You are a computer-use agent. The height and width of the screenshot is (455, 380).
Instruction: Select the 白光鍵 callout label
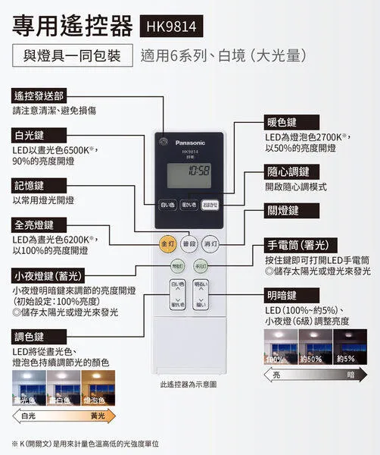point(30,136)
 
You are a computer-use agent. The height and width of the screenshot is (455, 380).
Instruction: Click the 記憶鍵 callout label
point(30,186)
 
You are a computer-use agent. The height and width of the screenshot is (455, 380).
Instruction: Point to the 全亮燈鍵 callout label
point(34,225)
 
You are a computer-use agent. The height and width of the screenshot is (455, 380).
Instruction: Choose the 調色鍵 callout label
point(30,337)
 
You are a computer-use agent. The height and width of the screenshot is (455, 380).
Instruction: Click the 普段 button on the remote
point(189,243)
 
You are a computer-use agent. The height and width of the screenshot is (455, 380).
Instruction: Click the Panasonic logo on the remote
point(195,142)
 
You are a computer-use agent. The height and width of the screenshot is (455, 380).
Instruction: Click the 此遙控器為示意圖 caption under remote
point(188,384)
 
